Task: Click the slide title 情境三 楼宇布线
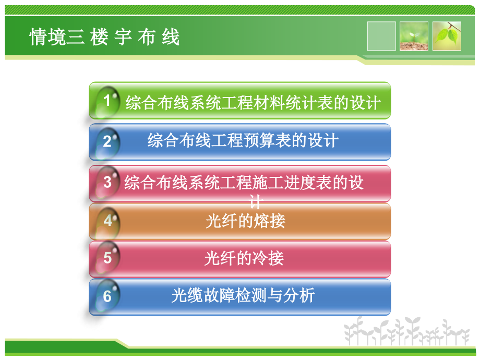tap(104, 38)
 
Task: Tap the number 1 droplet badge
tap(107, 101)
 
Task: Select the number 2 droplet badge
tap(107, 141)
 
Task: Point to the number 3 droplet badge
tap(107, 182)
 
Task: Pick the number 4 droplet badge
tap(107, 221)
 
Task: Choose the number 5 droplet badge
tap(107, 258)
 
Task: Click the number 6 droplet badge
tap(107, 296)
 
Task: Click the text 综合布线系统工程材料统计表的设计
tap(253, 103)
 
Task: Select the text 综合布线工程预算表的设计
tap(243, 141)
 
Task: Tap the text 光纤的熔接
tap(245, 221)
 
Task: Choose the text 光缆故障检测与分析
tap(243, 296)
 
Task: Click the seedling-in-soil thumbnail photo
tap(414, 36)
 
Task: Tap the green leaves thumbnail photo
tap(447, 36)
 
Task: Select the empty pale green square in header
tap(381, 36)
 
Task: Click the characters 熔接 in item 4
tap(272, 221)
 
